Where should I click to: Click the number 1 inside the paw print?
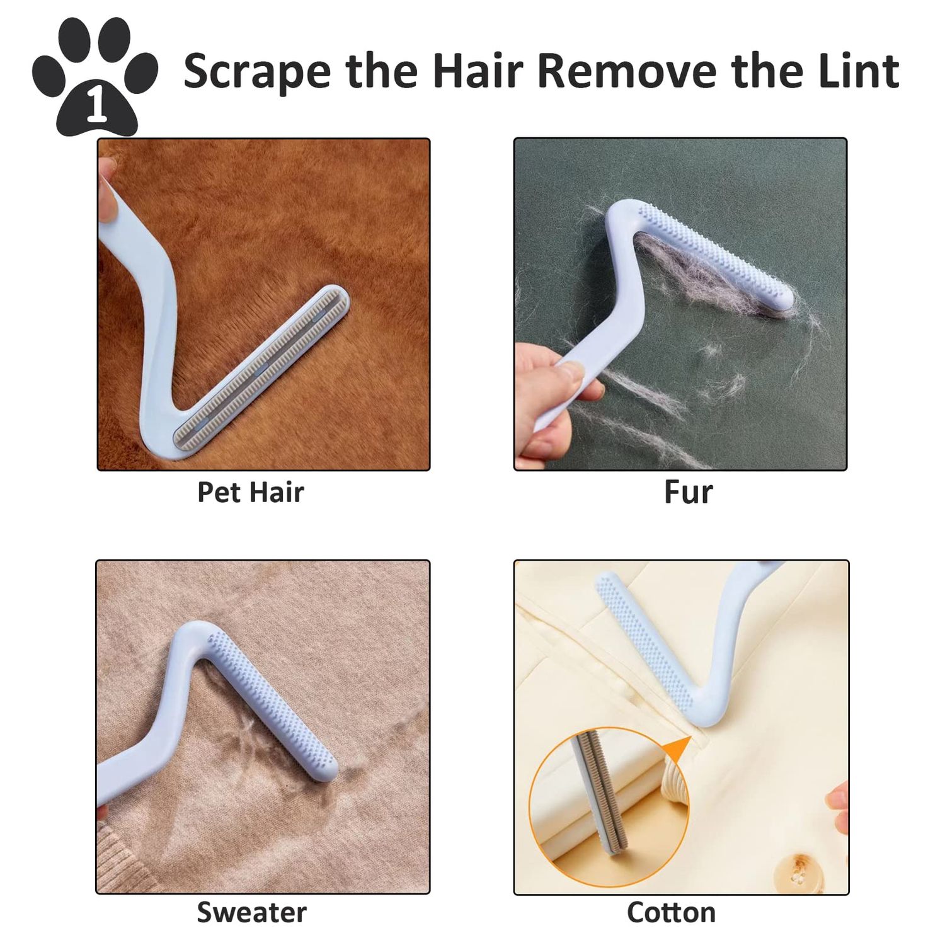tap(95, 108)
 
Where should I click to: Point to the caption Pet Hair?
tap(251, 492)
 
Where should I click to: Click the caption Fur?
tap(688, 492)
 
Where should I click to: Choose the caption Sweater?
tap(251, 912)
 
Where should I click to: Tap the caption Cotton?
tap(671, 912)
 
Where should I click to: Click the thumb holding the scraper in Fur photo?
tap(576, 373)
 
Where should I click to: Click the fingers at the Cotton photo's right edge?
tap(838, 800)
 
